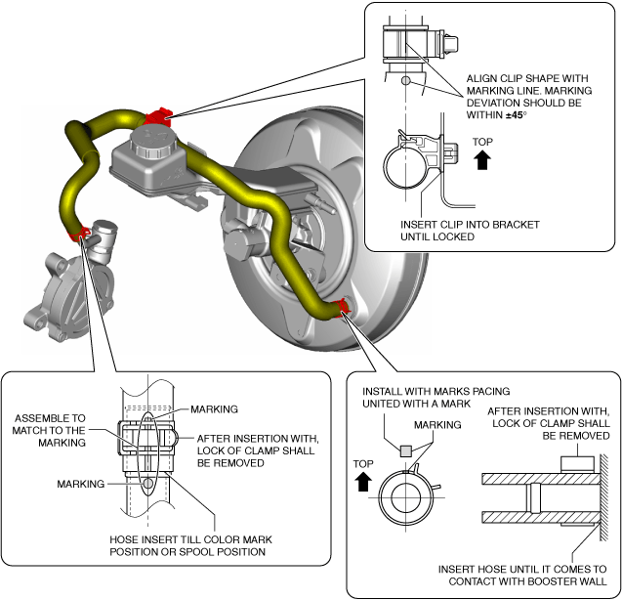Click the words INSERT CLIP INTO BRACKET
coord(470,224)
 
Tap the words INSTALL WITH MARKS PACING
coord(435,391)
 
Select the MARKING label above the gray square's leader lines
coord(436,425)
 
